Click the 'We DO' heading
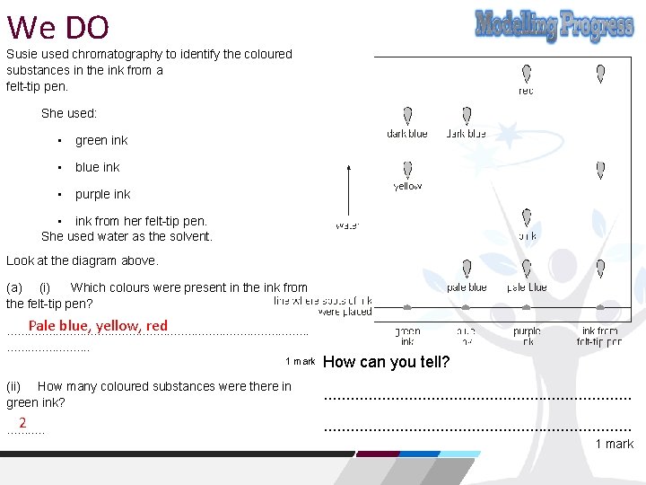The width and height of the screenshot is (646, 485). (x=57, y=27)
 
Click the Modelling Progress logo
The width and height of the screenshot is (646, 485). (x=554, y=26)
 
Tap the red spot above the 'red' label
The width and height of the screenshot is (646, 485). (x=527, y=74)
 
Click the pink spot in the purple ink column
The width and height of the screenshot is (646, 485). (x=527, y=218)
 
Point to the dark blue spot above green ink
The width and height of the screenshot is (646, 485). (x=407, y=116)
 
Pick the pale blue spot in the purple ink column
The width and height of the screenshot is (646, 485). (x=527, y=268)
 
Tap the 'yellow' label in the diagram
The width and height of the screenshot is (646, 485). (x=407, y=187)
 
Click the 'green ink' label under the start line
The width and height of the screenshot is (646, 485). (x=407, y=336)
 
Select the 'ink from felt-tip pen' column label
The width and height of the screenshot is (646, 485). (x=599, y=336)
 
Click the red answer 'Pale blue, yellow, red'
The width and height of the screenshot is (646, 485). (x=98, y=326)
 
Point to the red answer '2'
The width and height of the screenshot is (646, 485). (x=22, y=423)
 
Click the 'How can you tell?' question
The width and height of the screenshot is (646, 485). (x=386, y=363)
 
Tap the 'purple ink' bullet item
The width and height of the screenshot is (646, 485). (x=102, y=194)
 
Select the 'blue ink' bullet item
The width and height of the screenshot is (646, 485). (x=97, y=167)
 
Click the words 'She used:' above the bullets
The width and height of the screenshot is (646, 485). (x=69, y=114)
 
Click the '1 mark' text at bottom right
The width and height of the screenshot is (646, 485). (x=614, y=444)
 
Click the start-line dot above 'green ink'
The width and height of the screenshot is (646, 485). (x=407, y=307)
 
